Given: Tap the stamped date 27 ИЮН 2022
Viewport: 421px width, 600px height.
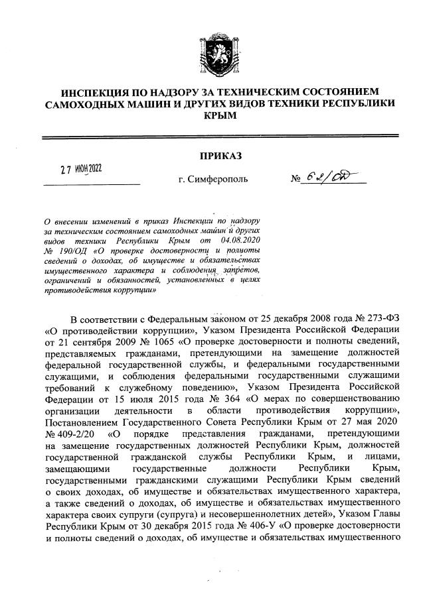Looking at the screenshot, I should pos(85,170).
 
